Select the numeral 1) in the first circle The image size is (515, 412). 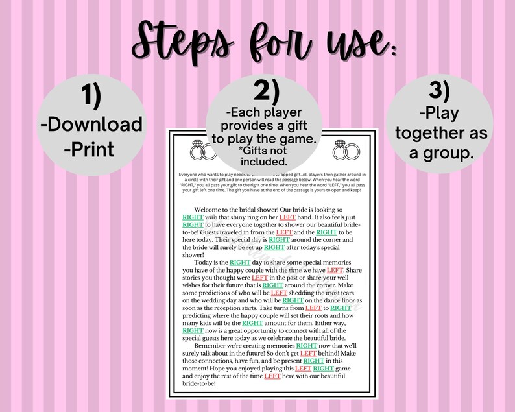point(91,96)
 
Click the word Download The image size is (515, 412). point(95,124)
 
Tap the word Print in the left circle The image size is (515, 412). point(90,150)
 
